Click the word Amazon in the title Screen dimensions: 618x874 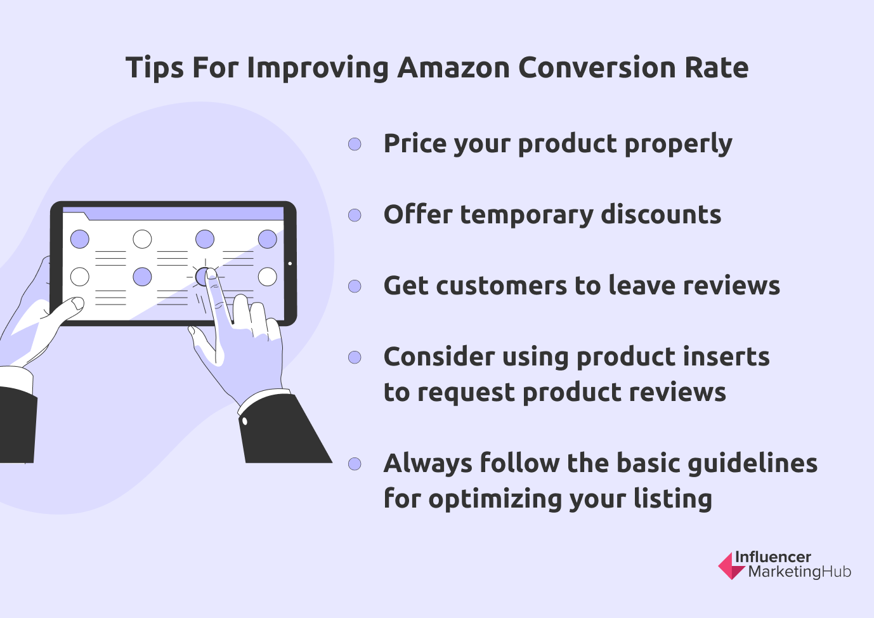pos(453,68)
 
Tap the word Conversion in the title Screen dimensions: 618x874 pos(596,68)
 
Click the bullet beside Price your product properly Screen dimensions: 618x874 pos(355,144)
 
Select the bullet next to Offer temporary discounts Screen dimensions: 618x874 pos(355,215)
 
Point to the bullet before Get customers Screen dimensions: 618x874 pos(355,286)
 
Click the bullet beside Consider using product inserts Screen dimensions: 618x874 pos(355,357)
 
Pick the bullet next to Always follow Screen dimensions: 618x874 pos(355,464)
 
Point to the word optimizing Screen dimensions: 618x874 pos(495,499)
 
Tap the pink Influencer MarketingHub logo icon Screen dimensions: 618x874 pos(731,566)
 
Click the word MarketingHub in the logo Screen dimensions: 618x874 pos(799,572)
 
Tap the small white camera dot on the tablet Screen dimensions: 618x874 pos(290,263)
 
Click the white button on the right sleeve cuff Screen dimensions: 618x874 pos(245,421)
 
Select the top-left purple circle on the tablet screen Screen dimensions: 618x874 pos(79,239)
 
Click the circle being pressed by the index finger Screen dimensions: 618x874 pos(203,276)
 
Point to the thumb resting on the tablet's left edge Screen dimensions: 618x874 pos(69,306)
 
